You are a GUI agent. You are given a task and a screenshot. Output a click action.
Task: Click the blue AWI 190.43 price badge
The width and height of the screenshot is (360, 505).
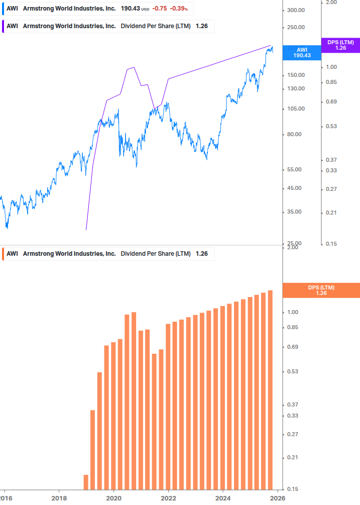click(302, 53)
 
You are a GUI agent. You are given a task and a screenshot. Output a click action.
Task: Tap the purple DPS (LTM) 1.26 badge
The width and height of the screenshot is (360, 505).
click(340, 45)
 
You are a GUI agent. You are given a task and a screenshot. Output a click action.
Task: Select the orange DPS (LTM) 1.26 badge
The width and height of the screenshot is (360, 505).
click(321, 290)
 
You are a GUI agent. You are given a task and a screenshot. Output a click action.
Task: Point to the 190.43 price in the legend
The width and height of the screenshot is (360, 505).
click(130, 9)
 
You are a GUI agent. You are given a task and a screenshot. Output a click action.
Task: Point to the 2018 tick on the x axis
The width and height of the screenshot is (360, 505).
click(59, 498)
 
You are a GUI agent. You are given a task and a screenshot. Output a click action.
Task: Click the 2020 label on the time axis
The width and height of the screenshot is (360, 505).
click(114, 498)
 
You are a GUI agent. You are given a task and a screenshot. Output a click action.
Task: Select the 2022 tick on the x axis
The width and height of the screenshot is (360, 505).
click(168, 498)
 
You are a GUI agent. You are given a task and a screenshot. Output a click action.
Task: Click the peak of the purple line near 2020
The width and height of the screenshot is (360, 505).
click(134, 67)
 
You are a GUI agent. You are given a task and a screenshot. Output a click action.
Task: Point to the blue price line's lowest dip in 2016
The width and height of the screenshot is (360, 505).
click(7, 228)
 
